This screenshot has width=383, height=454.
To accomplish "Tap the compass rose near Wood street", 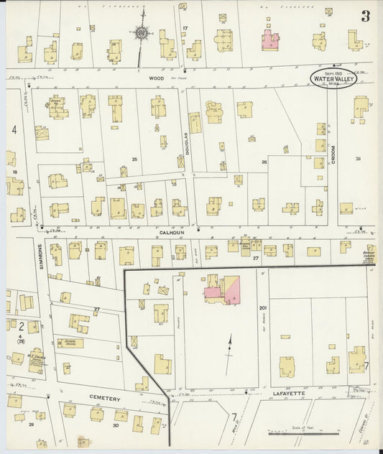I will pyautogui.click(x=142, y=32).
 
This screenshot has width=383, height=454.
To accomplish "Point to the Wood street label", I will pyautogui.click(x=157, y=78).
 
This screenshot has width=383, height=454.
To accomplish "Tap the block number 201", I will pyautogui.click(x=262, y=307).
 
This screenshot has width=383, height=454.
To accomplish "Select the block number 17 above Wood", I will pyautogui.click(x=185, y=28).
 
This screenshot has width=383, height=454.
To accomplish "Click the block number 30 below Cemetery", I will pyautogui.click(x=116, y=425).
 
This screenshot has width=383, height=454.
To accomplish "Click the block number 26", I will pyautogui.click(x=264, y=162).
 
